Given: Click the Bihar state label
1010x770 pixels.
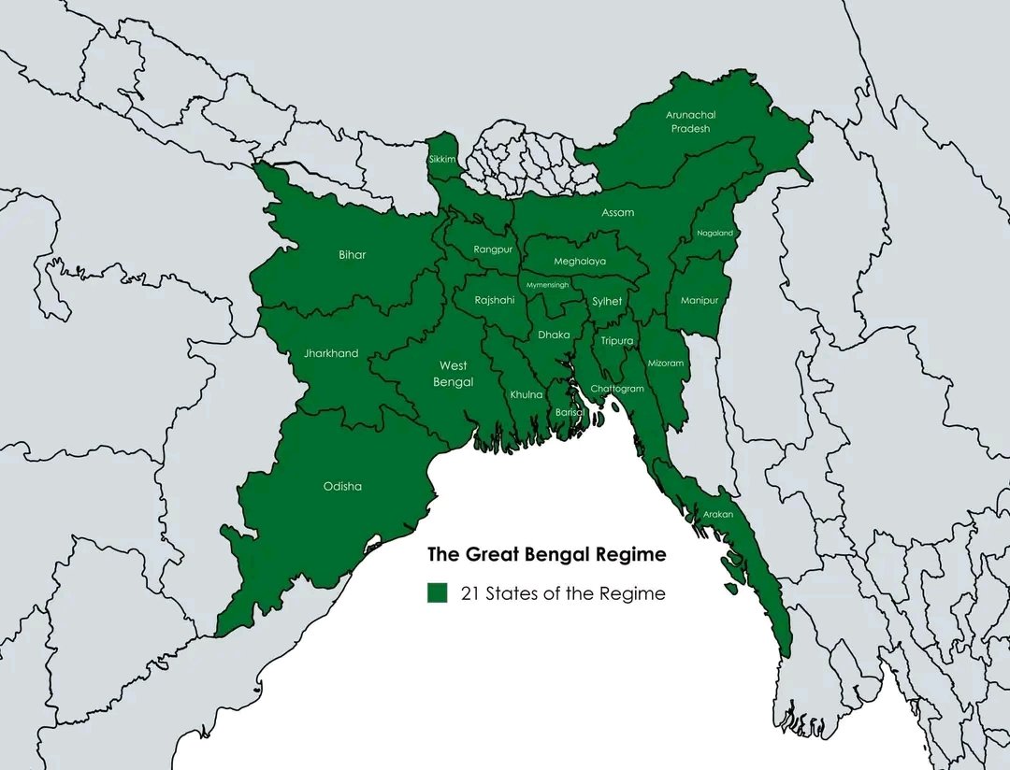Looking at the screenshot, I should [353, 255].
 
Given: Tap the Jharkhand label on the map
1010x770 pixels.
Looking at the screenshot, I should [331, 353].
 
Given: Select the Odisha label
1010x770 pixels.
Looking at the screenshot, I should [342, 486].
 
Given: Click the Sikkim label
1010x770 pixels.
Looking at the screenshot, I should [441, 160].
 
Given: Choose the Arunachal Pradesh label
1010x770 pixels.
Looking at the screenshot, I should [691, 121].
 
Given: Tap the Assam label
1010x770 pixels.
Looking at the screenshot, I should [617, 212].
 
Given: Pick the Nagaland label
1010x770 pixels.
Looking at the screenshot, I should [715, 233].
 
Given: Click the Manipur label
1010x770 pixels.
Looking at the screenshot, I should [700, 300].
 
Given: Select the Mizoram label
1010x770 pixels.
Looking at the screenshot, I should [666, 363].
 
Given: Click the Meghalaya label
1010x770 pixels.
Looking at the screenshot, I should [580, 262].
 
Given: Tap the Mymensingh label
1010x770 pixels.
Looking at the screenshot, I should [547, 284].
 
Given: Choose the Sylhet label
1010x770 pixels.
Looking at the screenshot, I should [607, 301].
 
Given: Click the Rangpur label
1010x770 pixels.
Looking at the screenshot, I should [493, 250].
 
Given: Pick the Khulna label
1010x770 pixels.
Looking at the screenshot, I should [526, 394].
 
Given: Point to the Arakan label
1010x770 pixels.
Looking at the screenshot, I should [718, 515].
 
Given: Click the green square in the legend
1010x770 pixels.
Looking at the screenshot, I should [437, 593].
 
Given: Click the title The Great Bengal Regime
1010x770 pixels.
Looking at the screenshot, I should [547, 554].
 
